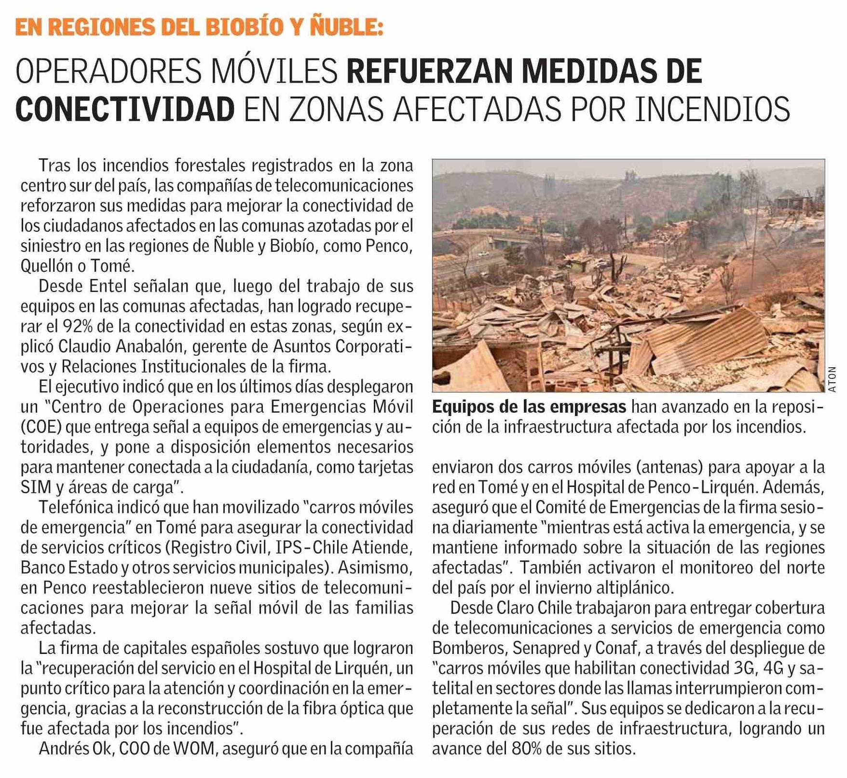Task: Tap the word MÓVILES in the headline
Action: [x=274, y=71]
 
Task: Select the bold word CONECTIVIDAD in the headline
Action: [x=125, y=110]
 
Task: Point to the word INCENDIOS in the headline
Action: [x=712, y=110]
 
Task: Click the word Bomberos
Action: [x=468, y=648]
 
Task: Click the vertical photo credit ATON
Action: [x=833, y=379]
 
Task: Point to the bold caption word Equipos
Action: [x=463, y=407]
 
